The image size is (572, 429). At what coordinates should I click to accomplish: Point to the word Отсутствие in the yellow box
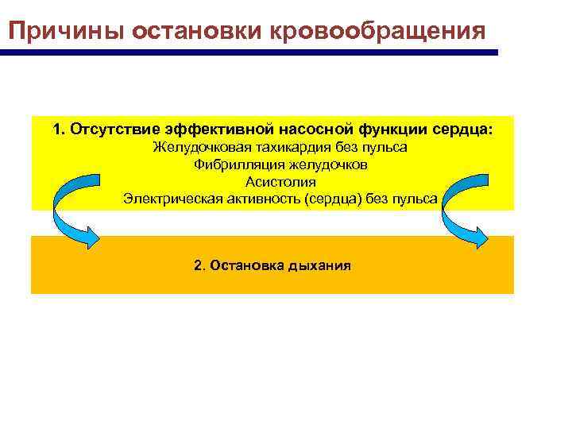click(117, 129)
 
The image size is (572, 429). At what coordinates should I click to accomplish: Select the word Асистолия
click(280, 182)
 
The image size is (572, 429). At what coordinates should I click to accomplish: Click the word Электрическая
click(169, 199)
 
